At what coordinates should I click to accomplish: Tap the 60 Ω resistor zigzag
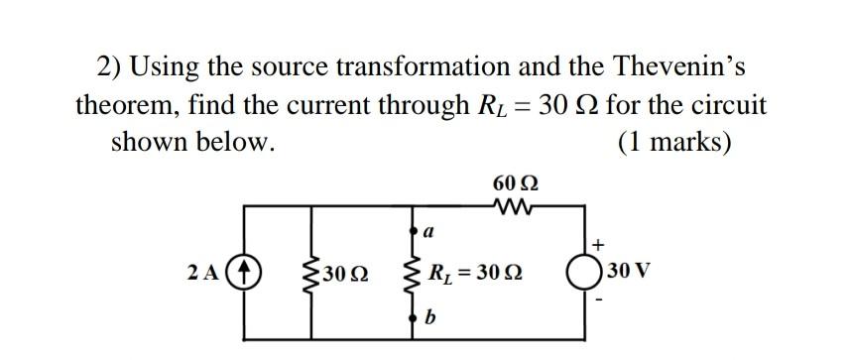tap(514, 207)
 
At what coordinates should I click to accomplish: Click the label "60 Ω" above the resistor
tap(515, 184)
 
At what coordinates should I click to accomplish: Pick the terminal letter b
tap(428, 317)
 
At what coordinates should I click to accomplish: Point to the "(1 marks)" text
tap(674, 141)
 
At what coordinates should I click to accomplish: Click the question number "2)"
tap(109, 65)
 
